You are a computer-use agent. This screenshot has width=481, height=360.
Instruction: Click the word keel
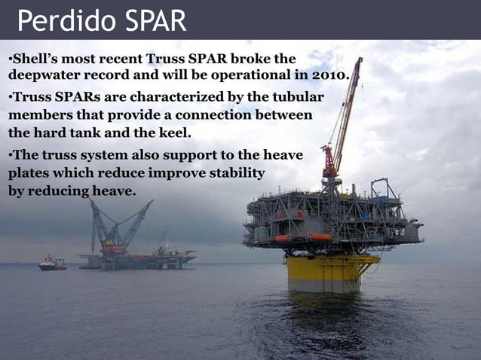[x=173, y=133]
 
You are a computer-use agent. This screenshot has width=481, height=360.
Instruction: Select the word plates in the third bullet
[x=29, y=173]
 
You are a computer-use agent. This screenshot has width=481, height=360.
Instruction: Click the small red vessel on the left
[x=51, y=263]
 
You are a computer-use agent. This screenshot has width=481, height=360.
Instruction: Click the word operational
[x=275, y=75]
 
